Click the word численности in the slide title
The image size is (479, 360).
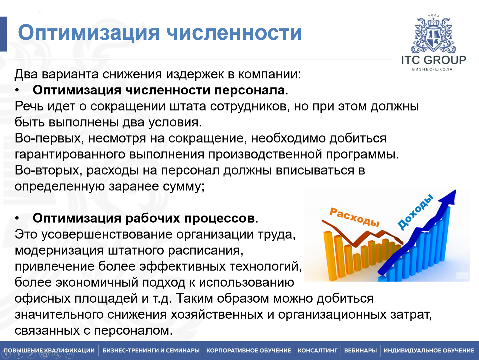(234, 33)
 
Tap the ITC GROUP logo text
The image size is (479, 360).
(433, 60)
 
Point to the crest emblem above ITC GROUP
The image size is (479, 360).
(433, 35)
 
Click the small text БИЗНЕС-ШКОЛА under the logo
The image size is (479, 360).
(432, 69)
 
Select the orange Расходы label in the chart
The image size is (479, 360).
(354, 217)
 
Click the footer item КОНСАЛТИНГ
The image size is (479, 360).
(317, 350)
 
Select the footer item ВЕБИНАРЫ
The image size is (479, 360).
(360, 350)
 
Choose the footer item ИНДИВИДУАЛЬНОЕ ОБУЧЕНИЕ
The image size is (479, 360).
(429, 350)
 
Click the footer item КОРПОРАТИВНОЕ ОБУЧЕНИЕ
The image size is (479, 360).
(248, 350)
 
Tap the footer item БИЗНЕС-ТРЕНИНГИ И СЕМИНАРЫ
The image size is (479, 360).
(151, 350)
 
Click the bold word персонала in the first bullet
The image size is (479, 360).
(250, 90)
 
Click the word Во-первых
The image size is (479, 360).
(49, 138)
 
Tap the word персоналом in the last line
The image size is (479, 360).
(133, 331)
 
